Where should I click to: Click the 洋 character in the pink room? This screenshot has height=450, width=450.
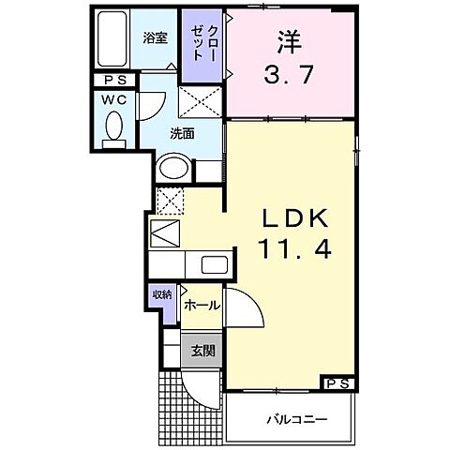[288, 42]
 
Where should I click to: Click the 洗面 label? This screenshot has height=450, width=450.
[182, 132]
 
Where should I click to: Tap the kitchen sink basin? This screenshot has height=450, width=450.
[214, 265]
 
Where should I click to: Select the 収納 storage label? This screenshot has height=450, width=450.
[163, 294]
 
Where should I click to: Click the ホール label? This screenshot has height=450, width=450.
[202, 307]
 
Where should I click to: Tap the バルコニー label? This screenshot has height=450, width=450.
[294, 418]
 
